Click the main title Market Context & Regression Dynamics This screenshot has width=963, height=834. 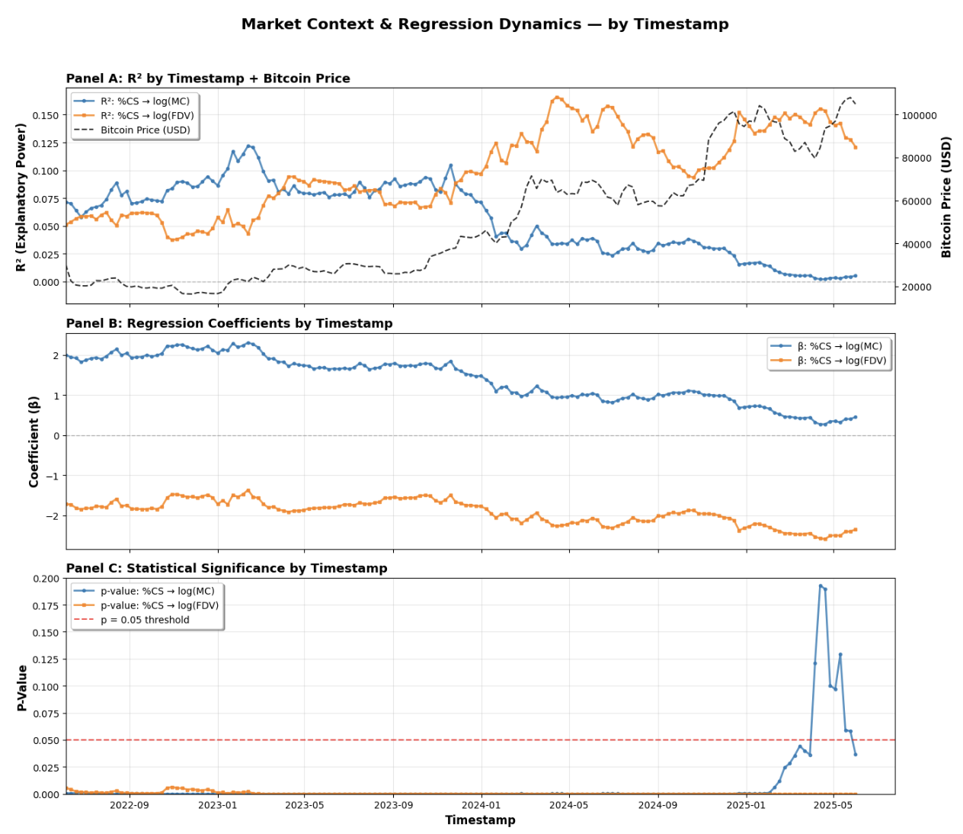point(485,24)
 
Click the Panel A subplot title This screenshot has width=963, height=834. point(208,79)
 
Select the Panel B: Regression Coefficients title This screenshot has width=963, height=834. point(229,323)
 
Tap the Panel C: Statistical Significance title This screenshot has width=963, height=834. point(226,568)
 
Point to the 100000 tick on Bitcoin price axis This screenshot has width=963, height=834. point(920,116)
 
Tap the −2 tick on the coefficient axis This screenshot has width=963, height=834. point(51,516)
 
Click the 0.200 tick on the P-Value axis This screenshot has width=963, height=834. point(45,579)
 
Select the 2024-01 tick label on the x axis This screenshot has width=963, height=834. point(481,804)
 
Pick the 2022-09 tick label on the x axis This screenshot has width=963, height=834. point(130,804)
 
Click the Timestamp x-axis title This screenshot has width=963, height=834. point(480,820)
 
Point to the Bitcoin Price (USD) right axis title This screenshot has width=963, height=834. point(947,197)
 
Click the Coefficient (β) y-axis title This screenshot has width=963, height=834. point(34,441)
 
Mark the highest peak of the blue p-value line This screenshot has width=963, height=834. point(821,585)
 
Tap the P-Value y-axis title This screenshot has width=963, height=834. point(22,688)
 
